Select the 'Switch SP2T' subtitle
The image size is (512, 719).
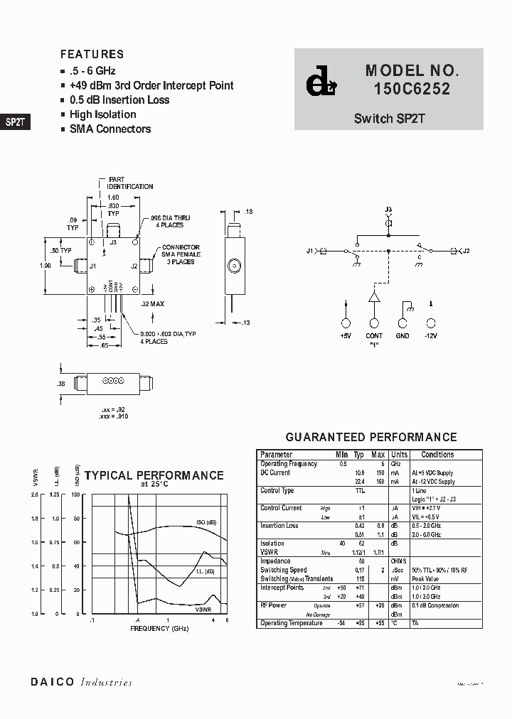[389, 119]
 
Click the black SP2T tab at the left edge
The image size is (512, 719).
[15, 121]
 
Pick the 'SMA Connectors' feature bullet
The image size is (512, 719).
[110, 129]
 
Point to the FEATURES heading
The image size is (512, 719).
[92, 54]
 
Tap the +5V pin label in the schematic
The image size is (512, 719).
[346, 335]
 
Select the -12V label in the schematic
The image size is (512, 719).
[431, 335]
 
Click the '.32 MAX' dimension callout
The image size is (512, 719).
[153, 304]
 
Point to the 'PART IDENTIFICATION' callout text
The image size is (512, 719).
[129, 183]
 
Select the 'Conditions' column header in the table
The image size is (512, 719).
[437, 455]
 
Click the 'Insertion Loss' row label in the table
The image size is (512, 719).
[279, 526]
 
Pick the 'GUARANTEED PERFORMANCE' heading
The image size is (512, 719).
[370, 438]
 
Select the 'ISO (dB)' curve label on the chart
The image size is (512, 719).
[206, 523]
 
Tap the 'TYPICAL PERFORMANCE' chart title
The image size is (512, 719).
[154, 476]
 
